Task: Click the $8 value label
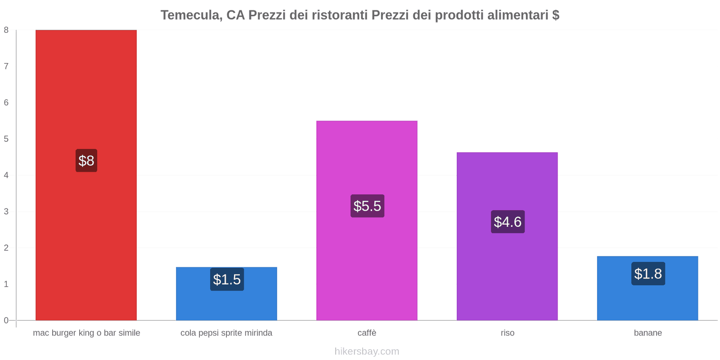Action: (86, 161)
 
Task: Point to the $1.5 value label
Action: (227, 279)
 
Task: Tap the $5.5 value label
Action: (367, 206)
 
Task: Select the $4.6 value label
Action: (508, 222)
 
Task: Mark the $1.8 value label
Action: (648, 274)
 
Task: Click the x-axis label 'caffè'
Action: (367, 333)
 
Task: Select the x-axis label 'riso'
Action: (507, 333)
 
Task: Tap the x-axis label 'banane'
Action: (648, 333)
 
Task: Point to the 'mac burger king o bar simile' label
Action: (86, 333)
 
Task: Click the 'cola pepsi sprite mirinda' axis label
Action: (226, 333)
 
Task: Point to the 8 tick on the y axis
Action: (6, 30)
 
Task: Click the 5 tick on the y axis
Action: (6, 139)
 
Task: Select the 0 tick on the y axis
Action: (6, 320)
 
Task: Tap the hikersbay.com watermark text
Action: (367, 351)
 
